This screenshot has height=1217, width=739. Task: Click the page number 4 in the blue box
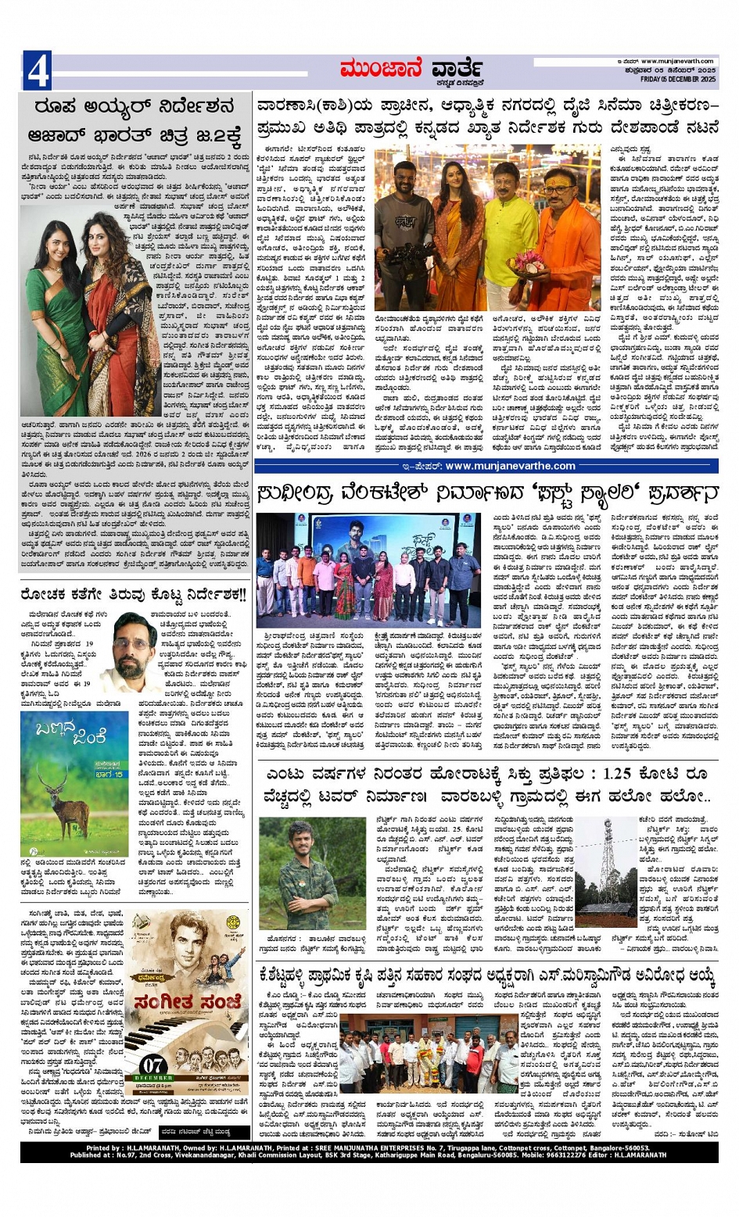(37, 71)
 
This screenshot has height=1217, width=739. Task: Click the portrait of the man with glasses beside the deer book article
(131, 652)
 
